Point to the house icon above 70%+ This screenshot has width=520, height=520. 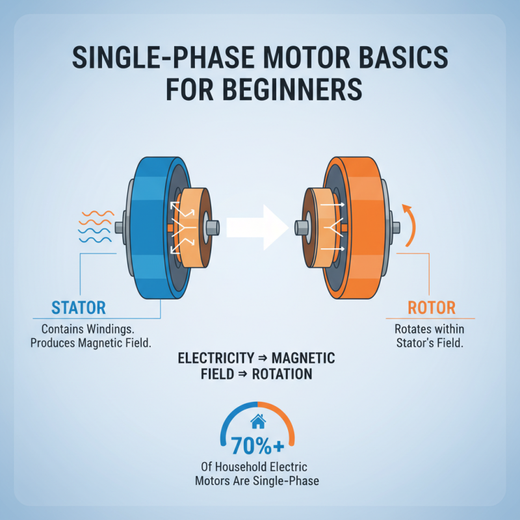coord(258,422)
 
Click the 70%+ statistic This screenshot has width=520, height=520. coord(259,447)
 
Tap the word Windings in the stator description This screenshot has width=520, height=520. coord(120,330)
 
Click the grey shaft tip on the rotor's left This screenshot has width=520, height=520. coord(300,227)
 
